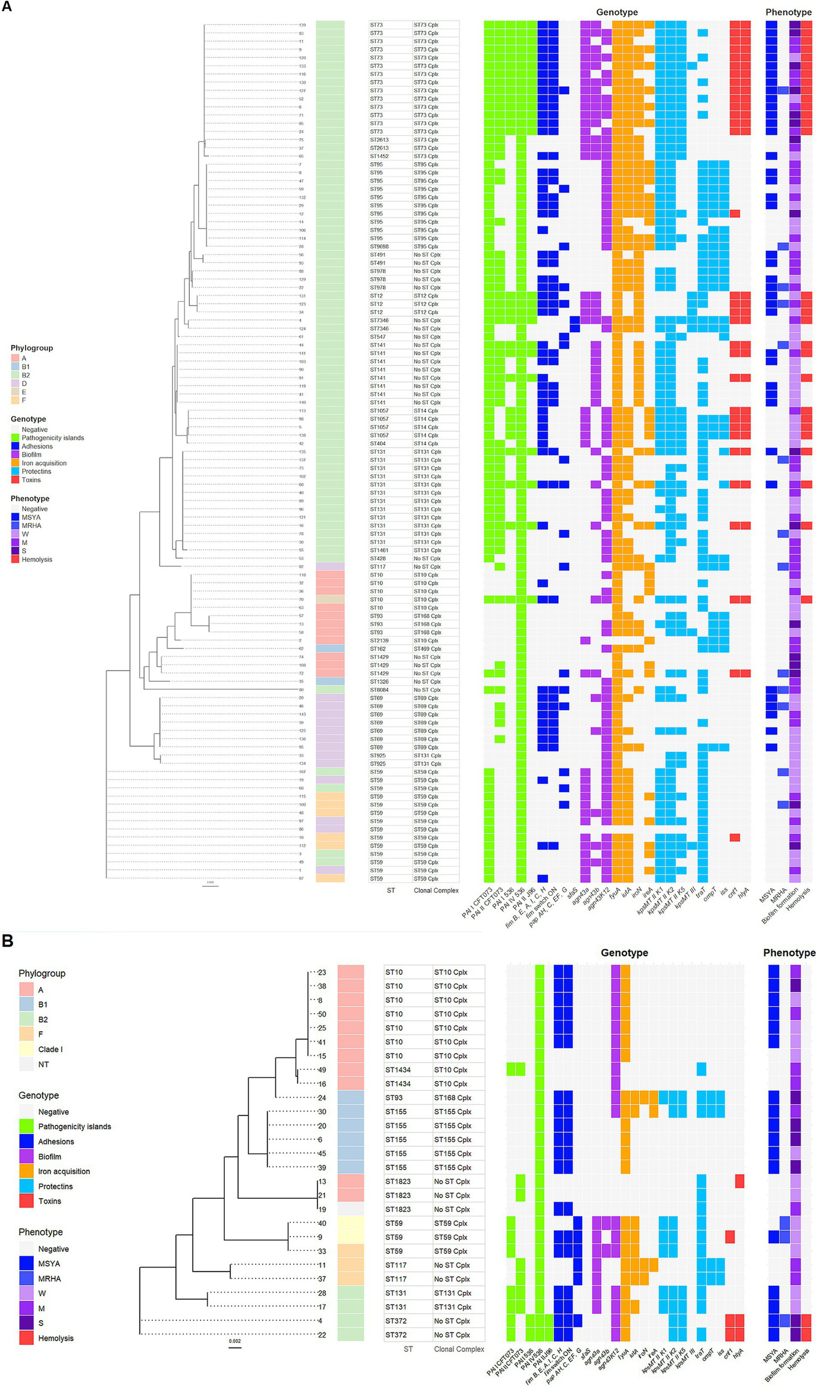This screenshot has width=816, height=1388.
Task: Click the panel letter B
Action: [x=8, y=941]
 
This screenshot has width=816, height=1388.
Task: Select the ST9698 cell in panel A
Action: [x=379, y=247]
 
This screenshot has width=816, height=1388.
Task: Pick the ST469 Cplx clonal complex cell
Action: [x=427, y=648]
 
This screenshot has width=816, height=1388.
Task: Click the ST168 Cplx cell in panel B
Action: [x=452, y=1098]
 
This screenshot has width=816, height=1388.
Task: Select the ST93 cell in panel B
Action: [x=394, y=1098]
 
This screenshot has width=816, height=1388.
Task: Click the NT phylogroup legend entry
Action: [x=43, y=1064]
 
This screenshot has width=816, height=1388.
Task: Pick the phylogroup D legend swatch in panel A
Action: [x=15, y=384]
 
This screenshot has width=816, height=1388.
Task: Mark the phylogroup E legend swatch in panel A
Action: [x=15, y=392]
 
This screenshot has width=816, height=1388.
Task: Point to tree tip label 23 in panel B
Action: [x=321, y=973]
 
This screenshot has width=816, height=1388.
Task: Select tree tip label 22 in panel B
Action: [x=321, y=1335]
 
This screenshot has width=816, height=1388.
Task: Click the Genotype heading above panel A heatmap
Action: [x=617, y=12]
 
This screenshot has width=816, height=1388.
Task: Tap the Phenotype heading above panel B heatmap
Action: [x=789, y=953]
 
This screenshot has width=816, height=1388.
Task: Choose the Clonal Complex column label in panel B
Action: [x=459, y=1349]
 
